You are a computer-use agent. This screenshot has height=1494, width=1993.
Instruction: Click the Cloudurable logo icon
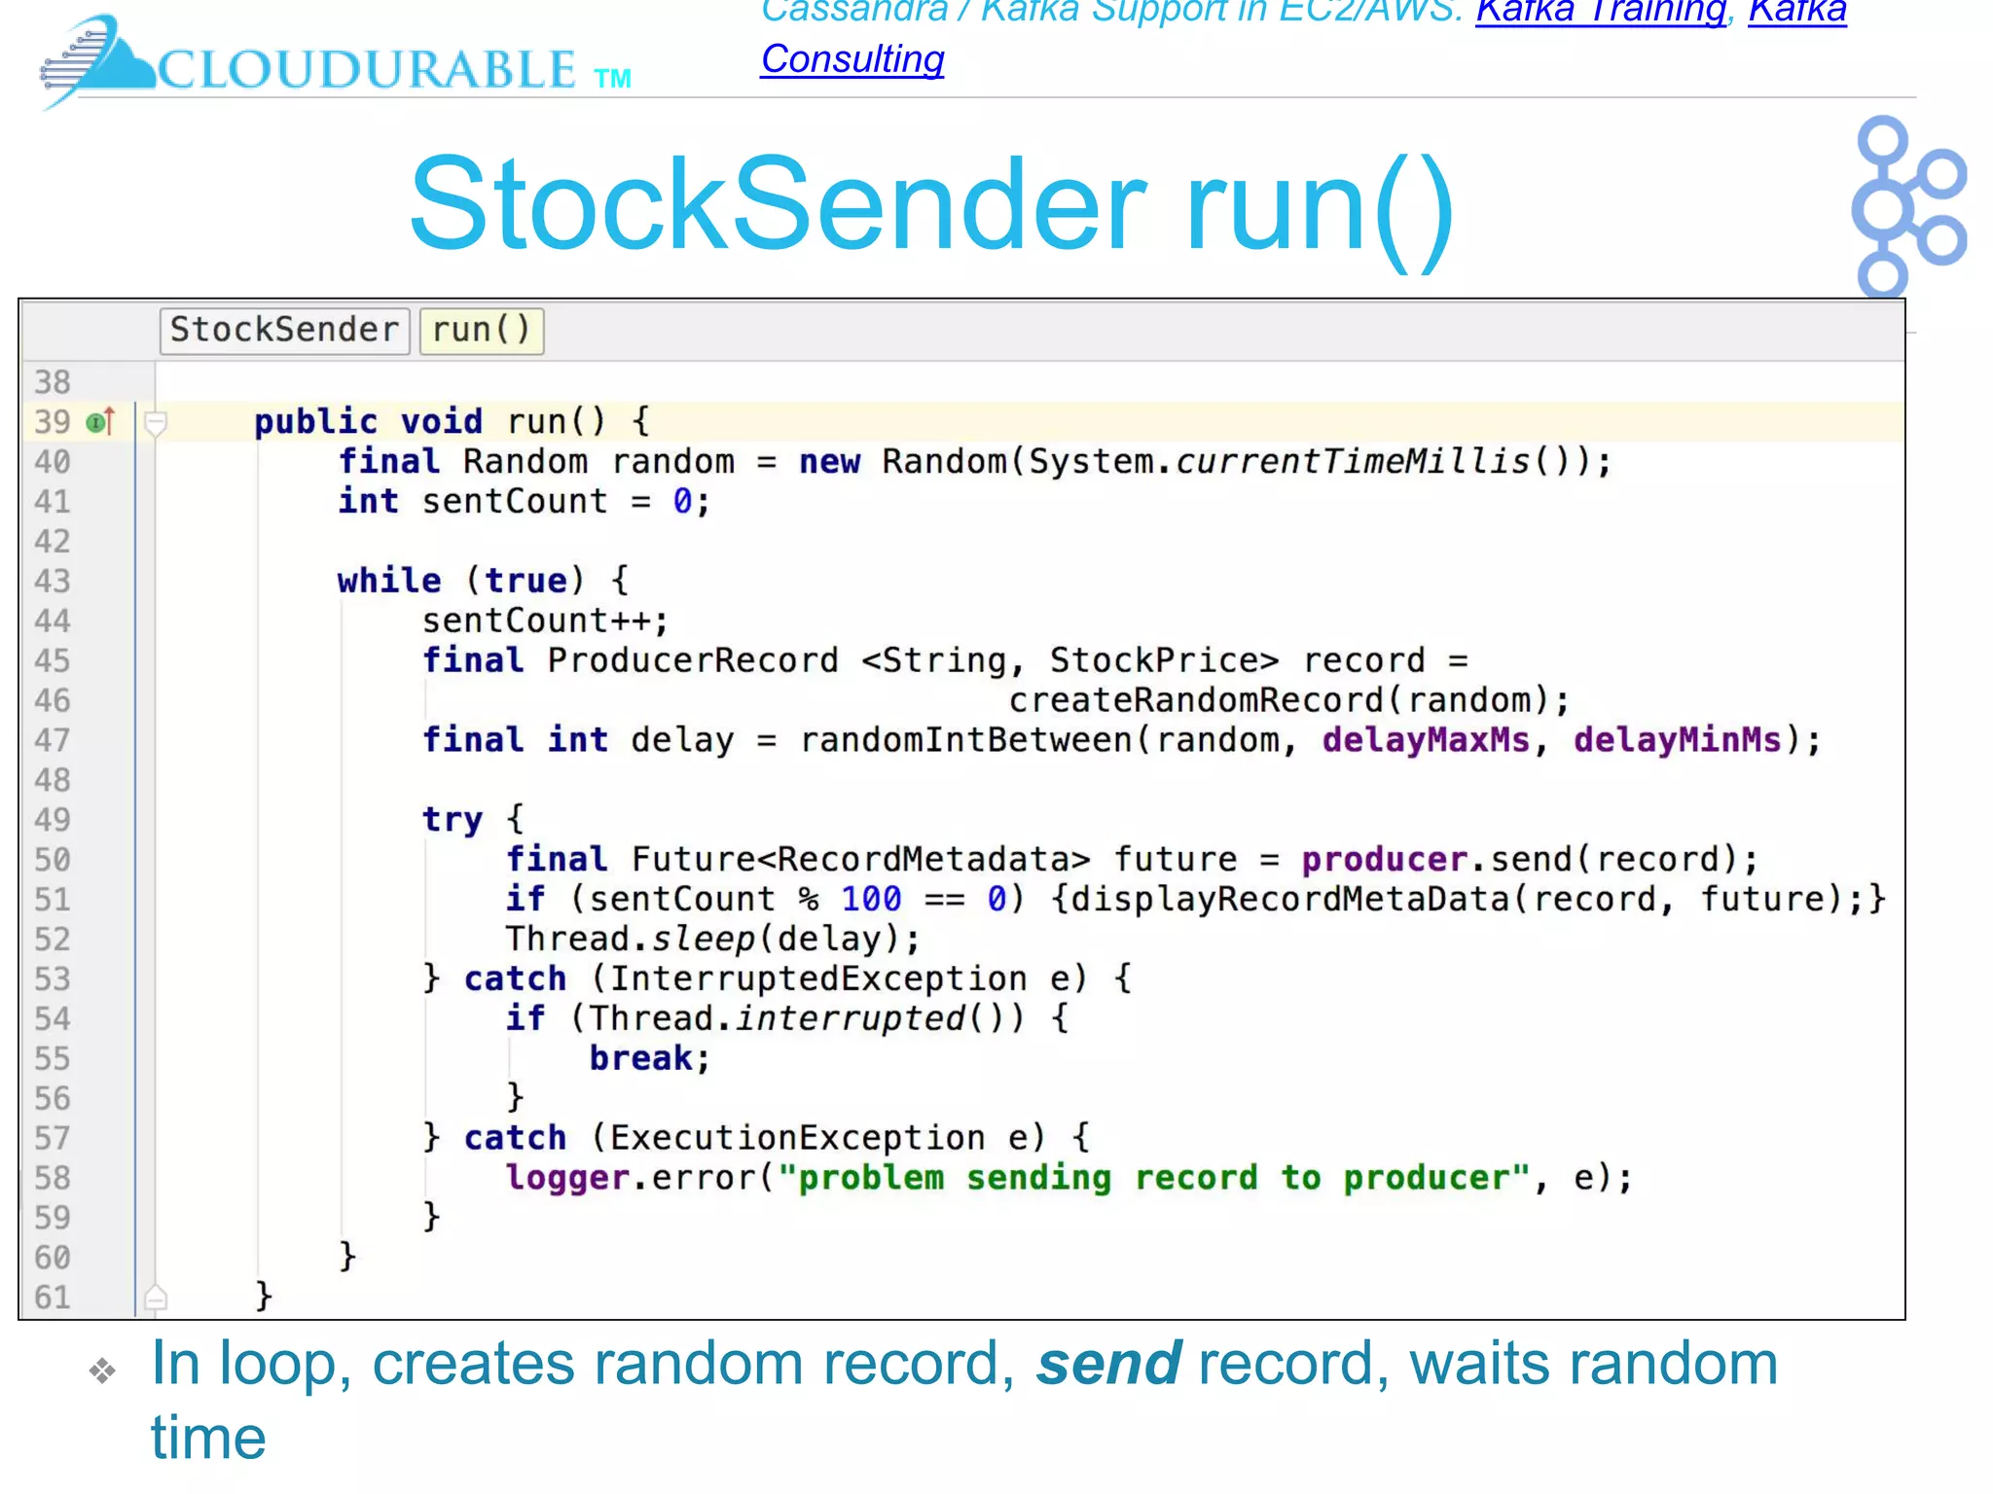click(92, 60)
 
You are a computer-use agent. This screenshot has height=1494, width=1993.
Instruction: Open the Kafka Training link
click(1600, 12)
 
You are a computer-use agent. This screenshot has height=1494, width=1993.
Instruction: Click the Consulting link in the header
click(852, 59)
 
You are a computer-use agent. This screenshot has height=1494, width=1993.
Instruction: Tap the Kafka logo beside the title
click(1907, 206)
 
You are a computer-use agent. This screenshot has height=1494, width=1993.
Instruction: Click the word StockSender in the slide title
click(778, 205)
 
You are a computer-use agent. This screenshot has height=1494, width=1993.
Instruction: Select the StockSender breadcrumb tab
click(284, 330)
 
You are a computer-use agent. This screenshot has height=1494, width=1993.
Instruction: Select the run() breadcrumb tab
click(481, 330)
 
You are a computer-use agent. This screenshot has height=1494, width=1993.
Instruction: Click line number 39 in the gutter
click(53, 422)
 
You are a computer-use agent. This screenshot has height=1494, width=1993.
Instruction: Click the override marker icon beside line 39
click(101, 422)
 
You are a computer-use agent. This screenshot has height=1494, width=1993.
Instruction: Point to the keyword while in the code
click(389, 581)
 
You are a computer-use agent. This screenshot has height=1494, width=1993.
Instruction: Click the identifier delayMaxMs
click(1425, 740)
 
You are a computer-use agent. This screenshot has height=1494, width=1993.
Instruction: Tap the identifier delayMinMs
click(1677, 740)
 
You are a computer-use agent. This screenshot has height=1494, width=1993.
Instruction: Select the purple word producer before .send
click(1384, 860)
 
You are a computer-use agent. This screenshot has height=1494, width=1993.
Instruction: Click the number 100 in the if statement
click(871, 900)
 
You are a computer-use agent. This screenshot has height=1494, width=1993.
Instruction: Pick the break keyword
click(640, 1058)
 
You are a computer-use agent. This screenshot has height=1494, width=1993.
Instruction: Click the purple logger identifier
click(566, 1178)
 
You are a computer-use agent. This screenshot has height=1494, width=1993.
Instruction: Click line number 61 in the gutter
click(53, 1298)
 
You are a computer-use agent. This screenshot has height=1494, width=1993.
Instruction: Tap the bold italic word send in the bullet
click(1108, 1363)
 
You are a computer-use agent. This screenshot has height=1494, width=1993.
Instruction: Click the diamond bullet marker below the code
click(102, 1371)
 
